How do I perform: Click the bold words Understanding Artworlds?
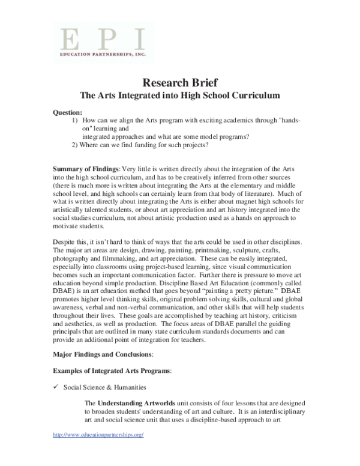click(130, 402)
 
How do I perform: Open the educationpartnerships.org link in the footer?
click(98, 434)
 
